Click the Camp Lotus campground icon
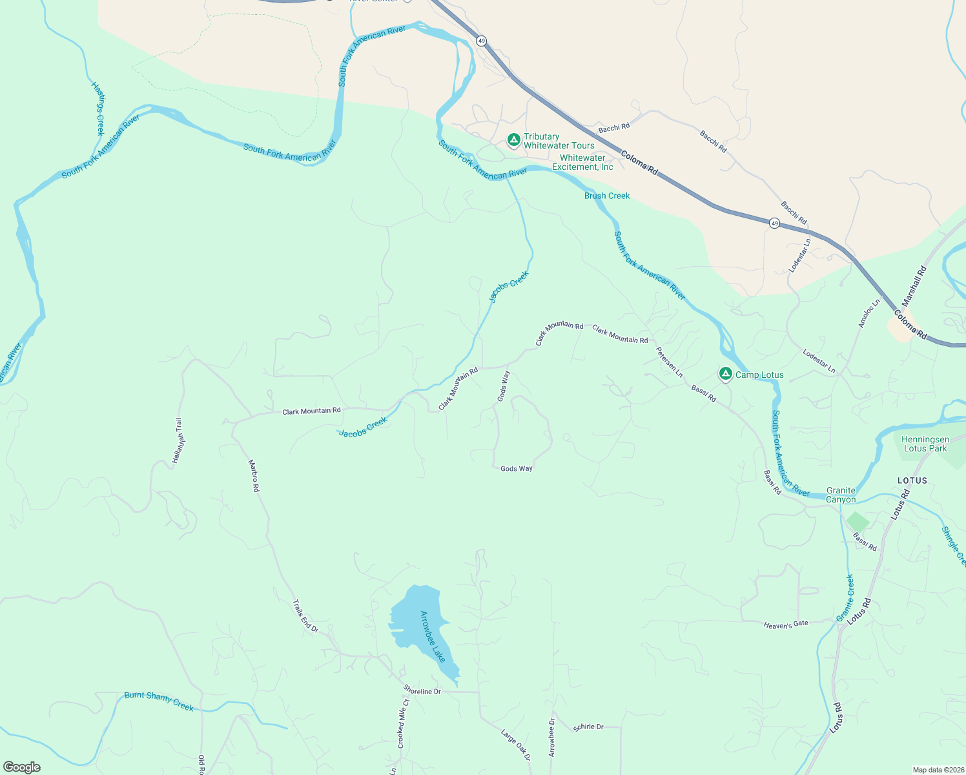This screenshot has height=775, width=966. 725,374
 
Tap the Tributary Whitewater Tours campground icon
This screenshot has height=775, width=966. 513,139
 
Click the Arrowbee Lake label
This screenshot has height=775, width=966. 433,636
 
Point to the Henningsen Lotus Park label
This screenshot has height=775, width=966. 925,444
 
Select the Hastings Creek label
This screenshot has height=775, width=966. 98,108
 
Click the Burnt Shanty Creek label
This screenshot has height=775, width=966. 159,701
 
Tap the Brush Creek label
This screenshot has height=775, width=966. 607,196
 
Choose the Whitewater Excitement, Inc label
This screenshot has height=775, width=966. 582,162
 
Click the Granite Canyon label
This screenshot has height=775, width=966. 841,495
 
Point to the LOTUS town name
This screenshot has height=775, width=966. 912,480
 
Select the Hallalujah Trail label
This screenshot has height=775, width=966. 178,440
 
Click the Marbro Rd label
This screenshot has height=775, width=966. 254,476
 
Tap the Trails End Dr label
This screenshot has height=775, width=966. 305,616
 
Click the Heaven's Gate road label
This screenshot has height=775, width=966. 786,625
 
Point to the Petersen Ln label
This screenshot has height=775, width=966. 669,362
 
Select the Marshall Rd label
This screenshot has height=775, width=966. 914,286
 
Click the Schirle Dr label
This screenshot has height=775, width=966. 588,727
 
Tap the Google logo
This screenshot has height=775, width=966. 22,767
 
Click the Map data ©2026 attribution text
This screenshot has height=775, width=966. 936,770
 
